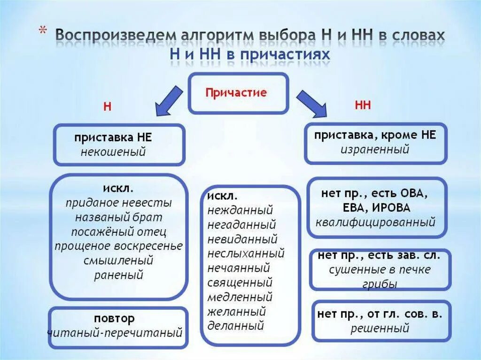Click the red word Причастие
[236, 92]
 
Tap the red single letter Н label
[108, 107]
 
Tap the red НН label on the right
[363, 105]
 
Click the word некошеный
[113, 152]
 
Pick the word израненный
[375, 150]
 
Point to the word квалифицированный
[375, 222]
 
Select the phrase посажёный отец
[119, 232]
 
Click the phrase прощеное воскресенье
[118, 246]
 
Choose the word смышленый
[118, 260]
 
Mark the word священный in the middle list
[240, 283]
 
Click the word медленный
[240, 297]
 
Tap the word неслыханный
[246, 254]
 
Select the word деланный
[235, 325]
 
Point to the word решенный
[380, 329]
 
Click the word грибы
[380, 284]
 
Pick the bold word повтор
[114, 319]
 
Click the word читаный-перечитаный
[115, 333]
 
